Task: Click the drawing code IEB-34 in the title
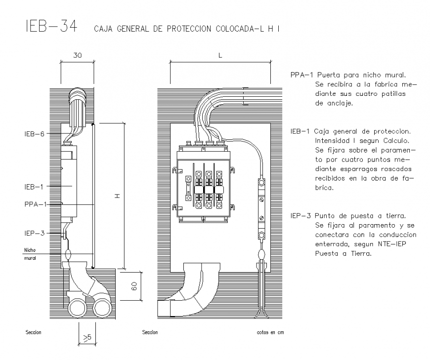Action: [47, 27]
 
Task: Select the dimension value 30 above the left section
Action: [78, 56]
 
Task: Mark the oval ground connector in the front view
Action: [261, 254]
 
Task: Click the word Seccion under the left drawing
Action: [33, 332]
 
